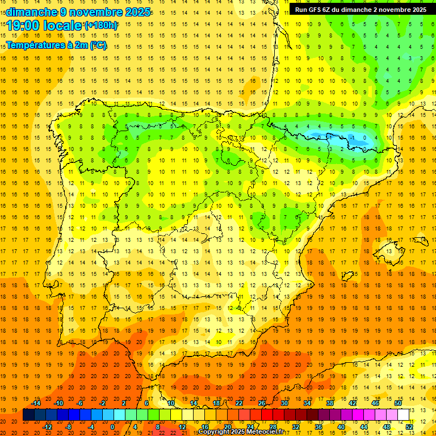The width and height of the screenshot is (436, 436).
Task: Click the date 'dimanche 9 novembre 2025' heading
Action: [x=78, y=12]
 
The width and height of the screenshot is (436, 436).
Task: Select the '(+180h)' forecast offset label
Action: [x=101, y=26]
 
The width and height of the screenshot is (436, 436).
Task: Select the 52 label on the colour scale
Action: [x=409, y=426]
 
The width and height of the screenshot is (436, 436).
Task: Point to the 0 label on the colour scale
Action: [x=112, y=426]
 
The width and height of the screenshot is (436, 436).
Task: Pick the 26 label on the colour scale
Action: [x=262, y=403]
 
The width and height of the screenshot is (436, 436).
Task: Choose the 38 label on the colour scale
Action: [x=330, y=403]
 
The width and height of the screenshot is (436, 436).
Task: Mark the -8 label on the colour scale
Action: [x=68, y=426]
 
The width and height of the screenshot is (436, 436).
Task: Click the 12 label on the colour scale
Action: [x=182, y=426]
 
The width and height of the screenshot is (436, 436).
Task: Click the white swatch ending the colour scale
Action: [x=404, y=414]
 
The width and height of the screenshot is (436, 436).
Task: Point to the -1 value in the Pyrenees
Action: [x=353, y=137]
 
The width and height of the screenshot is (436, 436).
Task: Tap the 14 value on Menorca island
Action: [x=421, y=240]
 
